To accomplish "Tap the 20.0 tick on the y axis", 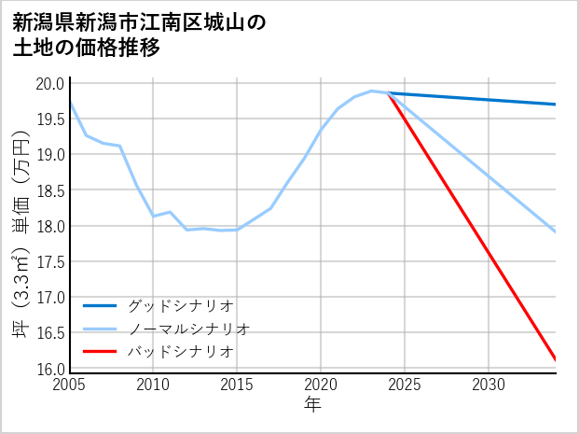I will tap(49, 83).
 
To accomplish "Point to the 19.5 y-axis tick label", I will tap(49, 119).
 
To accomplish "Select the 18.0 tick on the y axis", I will tap(49, 226).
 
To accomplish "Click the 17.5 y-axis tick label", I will tap(49, 261).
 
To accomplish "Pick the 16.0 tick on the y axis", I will tap(49, 369).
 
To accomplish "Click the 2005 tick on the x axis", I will tap(70, 385).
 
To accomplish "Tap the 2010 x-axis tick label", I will tap(153, 385).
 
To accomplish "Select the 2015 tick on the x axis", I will tap(237, 385).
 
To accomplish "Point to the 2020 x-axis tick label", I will tap(321, 385).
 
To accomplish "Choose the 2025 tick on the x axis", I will tap(405, 385).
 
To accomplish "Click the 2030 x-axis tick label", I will tap(489, 385).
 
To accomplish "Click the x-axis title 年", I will tap(312, 405).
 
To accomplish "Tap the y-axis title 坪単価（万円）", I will tap(21, 227).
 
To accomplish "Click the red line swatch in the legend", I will tap(100, 352).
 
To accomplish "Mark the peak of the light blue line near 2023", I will tap(371, 91).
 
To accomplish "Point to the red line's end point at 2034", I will tap(556, 359).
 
